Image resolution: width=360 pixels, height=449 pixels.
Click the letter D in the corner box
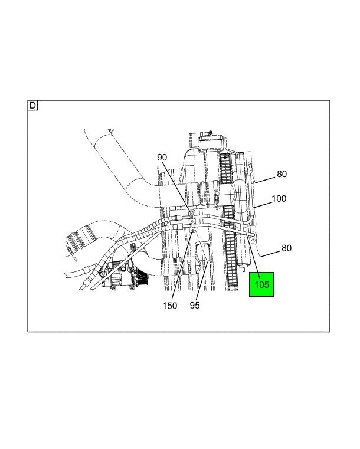point(32,106)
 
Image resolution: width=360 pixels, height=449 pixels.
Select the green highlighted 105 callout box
point(261,284)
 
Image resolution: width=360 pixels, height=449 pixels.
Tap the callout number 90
point(162,157)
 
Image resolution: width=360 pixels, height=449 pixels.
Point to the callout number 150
point(170,306)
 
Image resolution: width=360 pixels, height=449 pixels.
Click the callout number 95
point(195,305)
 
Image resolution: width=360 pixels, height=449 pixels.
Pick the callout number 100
point(279,198)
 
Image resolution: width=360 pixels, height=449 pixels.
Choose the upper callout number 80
point(282,174)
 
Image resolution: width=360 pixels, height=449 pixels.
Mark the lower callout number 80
point(286,248)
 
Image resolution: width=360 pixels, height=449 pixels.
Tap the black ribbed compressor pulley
point(142,277)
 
